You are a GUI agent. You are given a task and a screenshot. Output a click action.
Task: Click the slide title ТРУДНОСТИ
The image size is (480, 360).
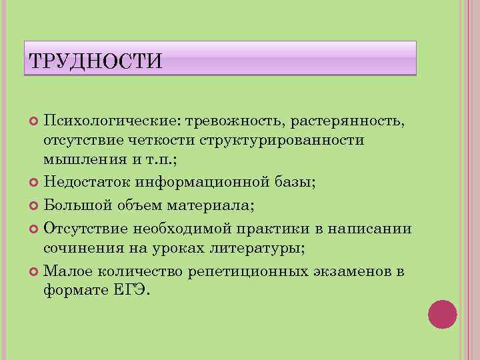click(x=95, y=62)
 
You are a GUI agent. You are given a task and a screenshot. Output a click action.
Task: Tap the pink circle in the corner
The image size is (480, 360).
click(x=442, y=314)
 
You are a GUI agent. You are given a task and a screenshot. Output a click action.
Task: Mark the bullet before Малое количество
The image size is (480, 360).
click(x=34, y=271)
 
